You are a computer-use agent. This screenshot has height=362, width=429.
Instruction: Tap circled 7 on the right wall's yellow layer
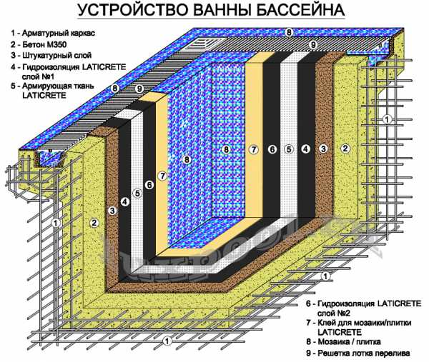[252, 149]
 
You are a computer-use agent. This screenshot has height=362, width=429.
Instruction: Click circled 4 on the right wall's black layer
[306, 149]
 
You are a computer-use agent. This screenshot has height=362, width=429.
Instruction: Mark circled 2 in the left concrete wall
[93, 223]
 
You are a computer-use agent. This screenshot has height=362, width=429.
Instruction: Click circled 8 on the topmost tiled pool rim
[289, 32]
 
